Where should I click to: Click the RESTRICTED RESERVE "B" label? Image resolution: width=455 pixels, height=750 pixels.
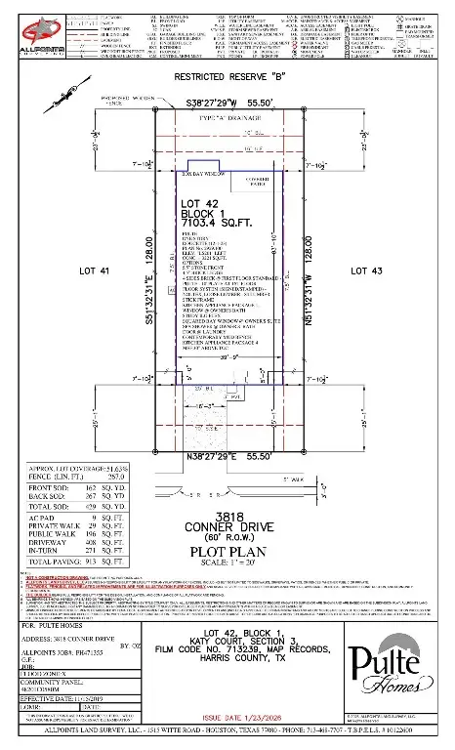click(x=227, y=75)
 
